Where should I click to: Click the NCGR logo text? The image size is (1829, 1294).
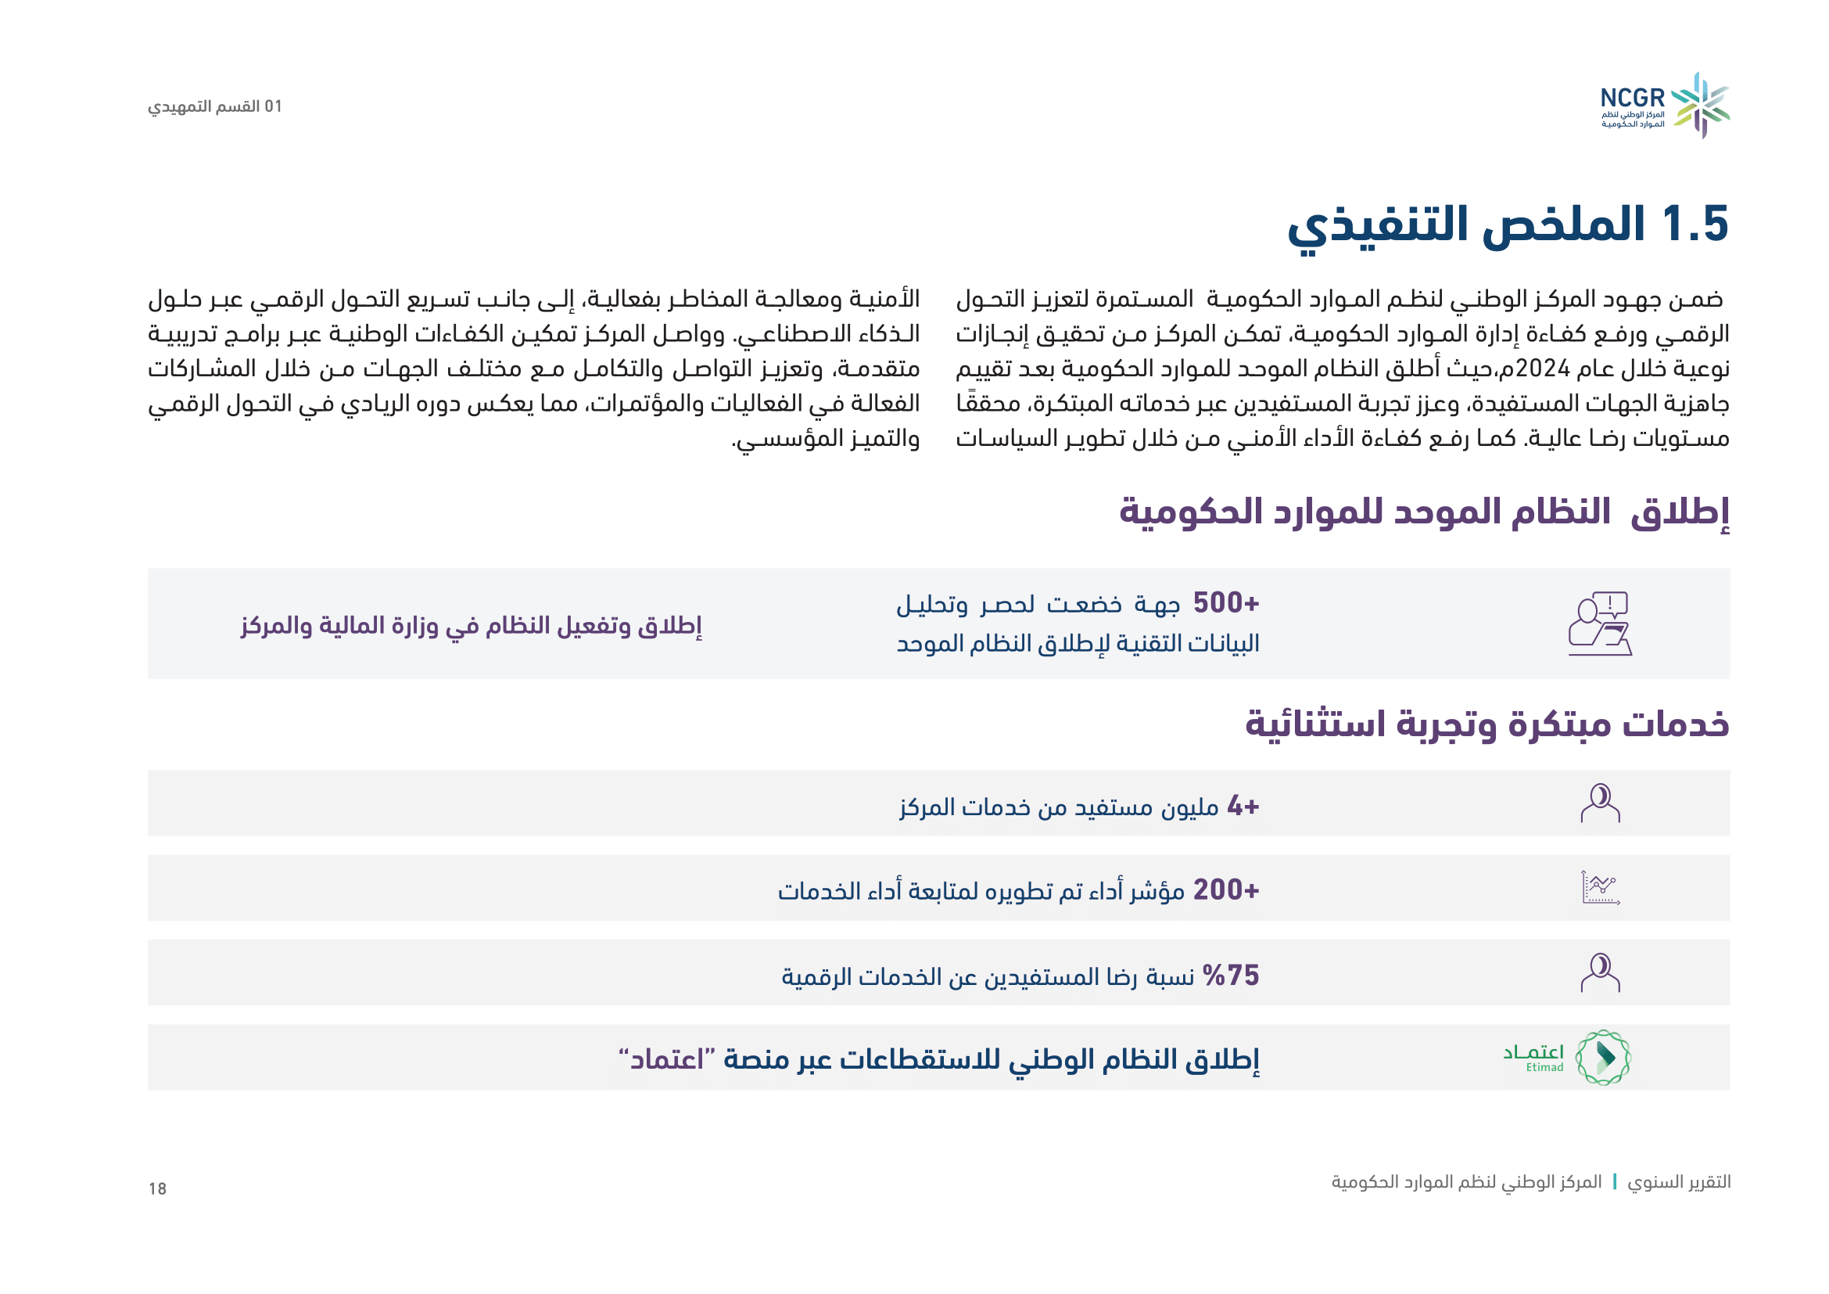pos(1632,98)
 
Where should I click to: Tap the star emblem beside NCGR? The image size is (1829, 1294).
pos(1701,105)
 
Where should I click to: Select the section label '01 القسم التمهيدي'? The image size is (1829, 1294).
pos(215,106)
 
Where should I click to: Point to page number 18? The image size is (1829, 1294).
pos(157,1189)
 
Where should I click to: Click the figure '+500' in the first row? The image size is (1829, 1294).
pos(1226,603)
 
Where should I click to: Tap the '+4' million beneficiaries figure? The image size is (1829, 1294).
pos(1243,807)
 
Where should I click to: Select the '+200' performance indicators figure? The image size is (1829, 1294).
pos(1226,890)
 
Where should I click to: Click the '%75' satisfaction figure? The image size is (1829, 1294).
pos(1231,976)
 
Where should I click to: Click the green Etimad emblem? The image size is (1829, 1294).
pos(1603,1058)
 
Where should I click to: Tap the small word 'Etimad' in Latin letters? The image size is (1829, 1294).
pos(1544,1068)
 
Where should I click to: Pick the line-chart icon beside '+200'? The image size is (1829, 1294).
pos(1601,888)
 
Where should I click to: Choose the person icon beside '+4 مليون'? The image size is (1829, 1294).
pos(1601,803)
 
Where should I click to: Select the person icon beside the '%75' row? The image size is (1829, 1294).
pos(1601,972)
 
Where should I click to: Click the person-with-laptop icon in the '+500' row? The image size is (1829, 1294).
pos(1601,624)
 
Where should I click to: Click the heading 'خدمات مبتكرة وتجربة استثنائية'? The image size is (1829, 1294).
pos(1487,724)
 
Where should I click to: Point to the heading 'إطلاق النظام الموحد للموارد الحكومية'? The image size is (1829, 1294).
pos(1424,512)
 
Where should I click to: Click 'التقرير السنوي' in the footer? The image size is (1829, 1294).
pos(1678,1181)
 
